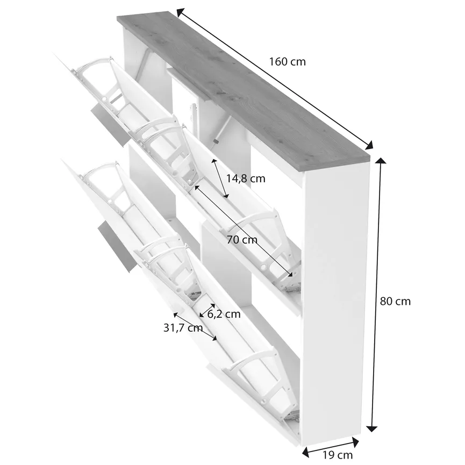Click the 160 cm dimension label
287,62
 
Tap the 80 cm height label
395,301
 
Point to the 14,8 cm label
246,177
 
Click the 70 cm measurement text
241,240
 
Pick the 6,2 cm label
224,314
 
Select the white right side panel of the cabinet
336,301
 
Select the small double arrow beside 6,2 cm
206,311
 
